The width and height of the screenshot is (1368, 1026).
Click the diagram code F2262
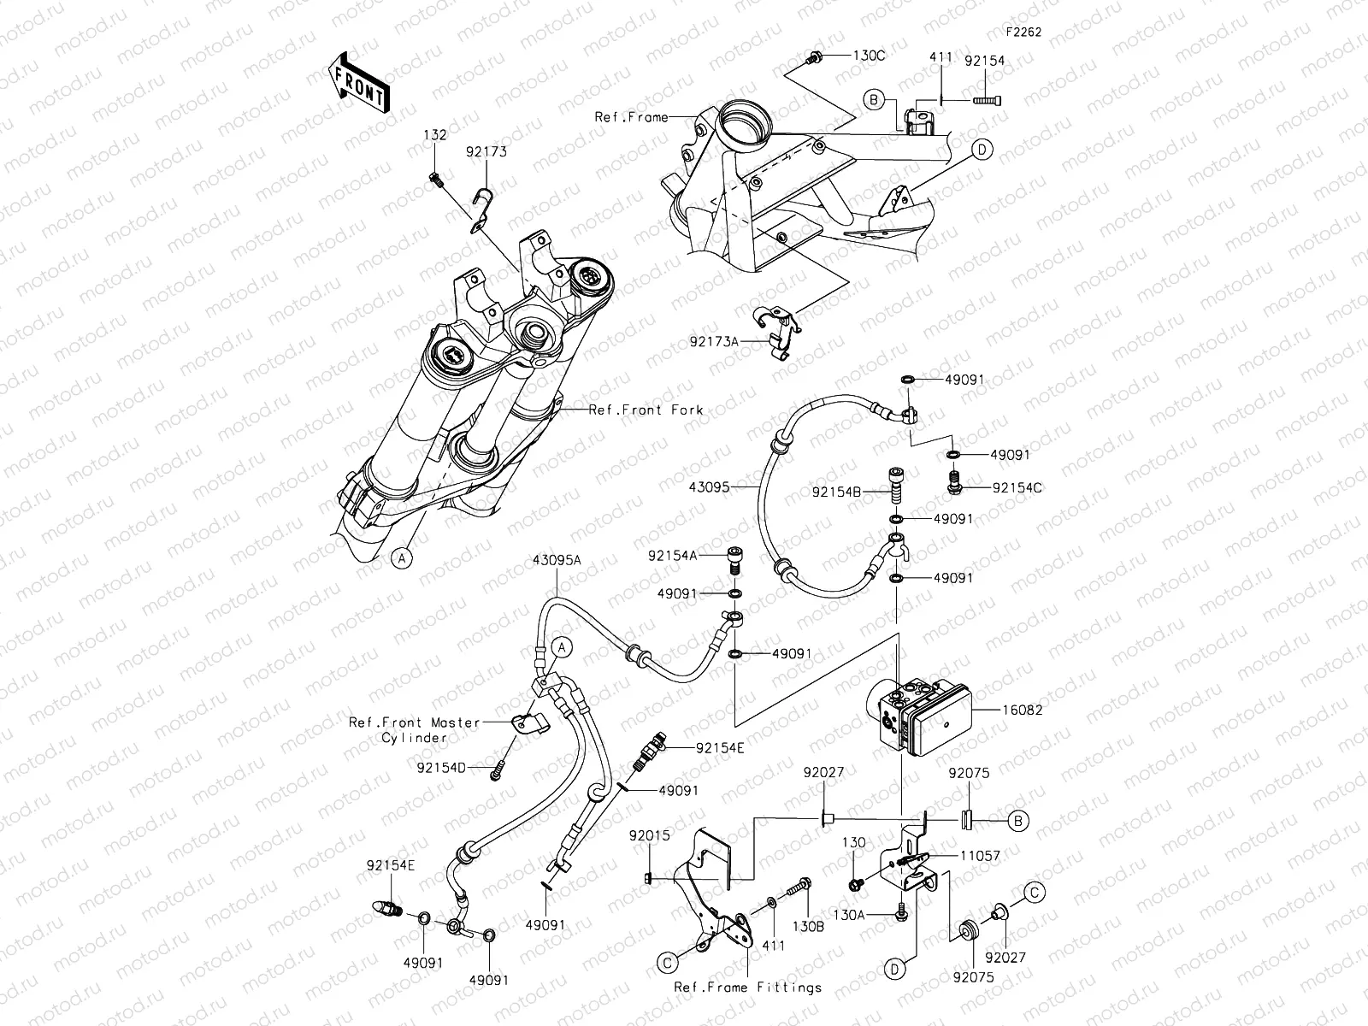pyautogui.click(x=1023, y=32)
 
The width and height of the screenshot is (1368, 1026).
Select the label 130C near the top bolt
pyautogui.click(x=869, y=56)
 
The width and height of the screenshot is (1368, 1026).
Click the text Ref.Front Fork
pyautogui.click(x=646, y=410)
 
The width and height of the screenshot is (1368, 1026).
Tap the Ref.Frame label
pyautogui.click(x=631, y=117)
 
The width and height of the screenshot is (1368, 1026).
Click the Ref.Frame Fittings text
pyautogui.click(x=748, y=988)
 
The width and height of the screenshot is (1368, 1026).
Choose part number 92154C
pyautogui.click(x=1017, y=487)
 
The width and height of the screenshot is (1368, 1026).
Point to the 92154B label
pyautogui.click(x=836, y=492)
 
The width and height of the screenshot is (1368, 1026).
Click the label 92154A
pyautogui.click(x=673, y=556)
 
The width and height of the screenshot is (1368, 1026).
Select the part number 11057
pyautogui.click(x=979, y=855)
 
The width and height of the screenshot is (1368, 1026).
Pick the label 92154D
pyautogui.click(x=441, y=767)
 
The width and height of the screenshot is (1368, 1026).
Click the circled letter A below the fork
pyautogui.click(x=400, y=558)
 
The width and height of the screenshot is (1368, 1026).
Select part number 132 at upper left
pyautogui.click(x=436, y=135)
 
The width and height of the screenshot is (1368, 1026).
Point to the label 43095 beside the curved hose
pyautogui.click(x=710, y=487)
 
